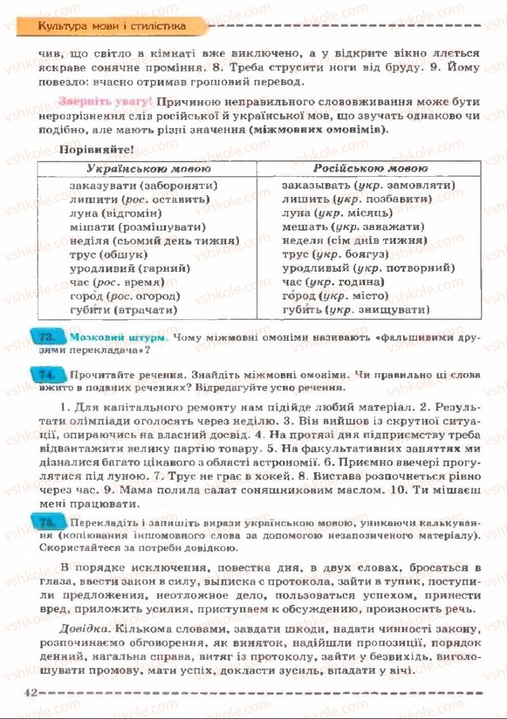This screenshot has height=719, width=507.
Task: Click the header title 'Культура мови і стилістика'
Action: (x=112, y=26)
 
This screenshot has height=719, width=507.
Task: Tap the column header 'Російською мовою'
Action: (x=371, y=169)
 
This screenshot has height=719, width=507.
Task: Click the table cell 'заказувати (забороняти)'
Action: (x=143, y=186)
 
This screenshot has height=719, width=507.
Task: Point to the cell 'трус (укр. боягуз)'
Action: (x=335, y=254)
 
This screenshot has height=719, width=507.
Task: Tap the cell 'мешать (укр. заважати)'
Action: (x=353, y=227)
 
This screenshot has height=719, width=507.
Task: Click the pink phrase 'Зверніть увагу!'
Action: (x=105, y=101)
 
